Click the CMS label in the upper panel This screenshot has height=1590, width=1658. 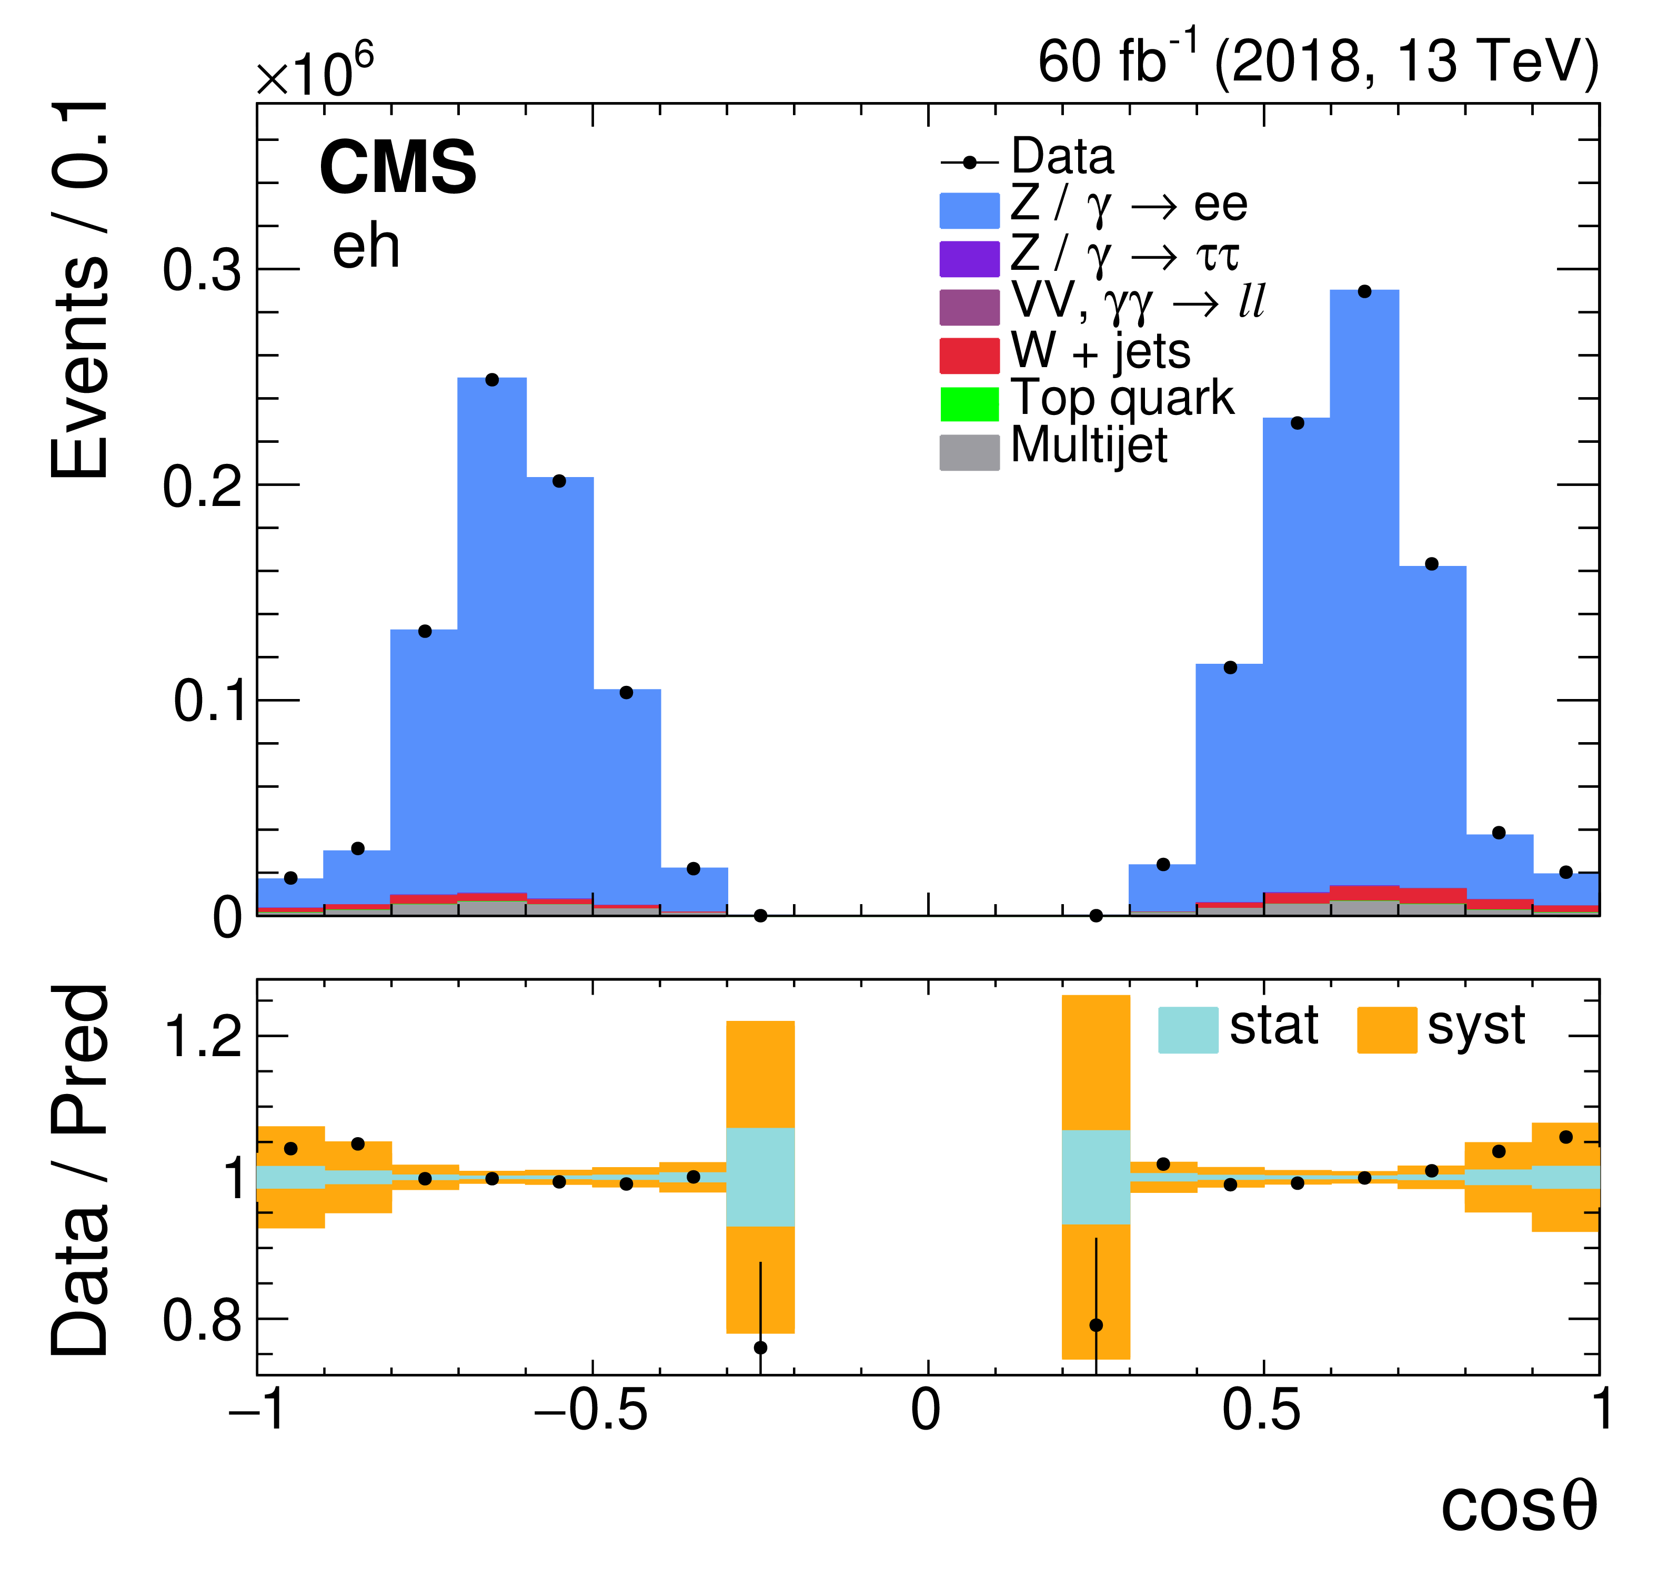pos(398,167)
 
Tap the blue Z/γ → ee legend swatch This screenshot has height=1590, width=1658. pos(969,210)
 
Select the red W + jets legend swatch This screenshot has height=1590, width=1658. pos(969,355)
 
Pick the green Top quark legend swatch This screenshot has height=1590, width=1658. pos(969,403)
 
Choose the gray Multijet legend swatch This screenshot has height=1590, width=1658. pos(969,452)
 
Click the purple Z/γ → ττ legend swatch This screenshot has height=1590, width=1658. pos(969,259)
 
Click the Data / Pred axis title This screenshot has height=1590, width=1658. pos(81,1171)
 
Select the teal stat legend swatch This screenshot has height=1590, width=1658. pos(1188,1029)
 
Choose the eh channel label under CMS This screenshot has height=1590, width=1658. pos(366,248)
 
